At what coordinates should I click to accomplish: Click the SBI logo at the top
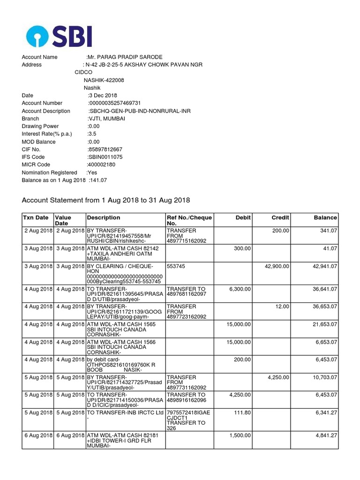click(59, 36)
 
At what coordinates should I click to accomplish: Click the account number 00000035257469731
click(115, 103)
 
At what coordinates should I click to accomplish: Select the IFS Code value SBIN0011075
click(105, 157)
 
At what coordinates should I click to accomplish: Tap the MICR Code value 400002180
click(101, 165)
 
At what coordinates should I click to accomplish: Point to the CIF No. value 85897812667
click(105, 150)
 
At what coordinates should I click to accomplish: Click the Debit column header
click(243, 217)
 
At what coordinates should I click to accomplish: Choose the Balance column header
click(325, 217)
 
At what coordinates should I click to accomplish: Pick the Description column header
click(103, 217)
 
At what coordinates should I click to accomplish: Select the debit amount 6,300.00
click(240, 289)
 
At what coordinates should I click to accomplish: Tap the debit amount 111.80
click(242, 413)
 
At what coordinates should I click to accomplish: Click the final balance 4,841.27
click(324, 435)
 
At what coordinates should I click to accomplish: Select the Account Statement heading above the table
click(106, 200)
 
